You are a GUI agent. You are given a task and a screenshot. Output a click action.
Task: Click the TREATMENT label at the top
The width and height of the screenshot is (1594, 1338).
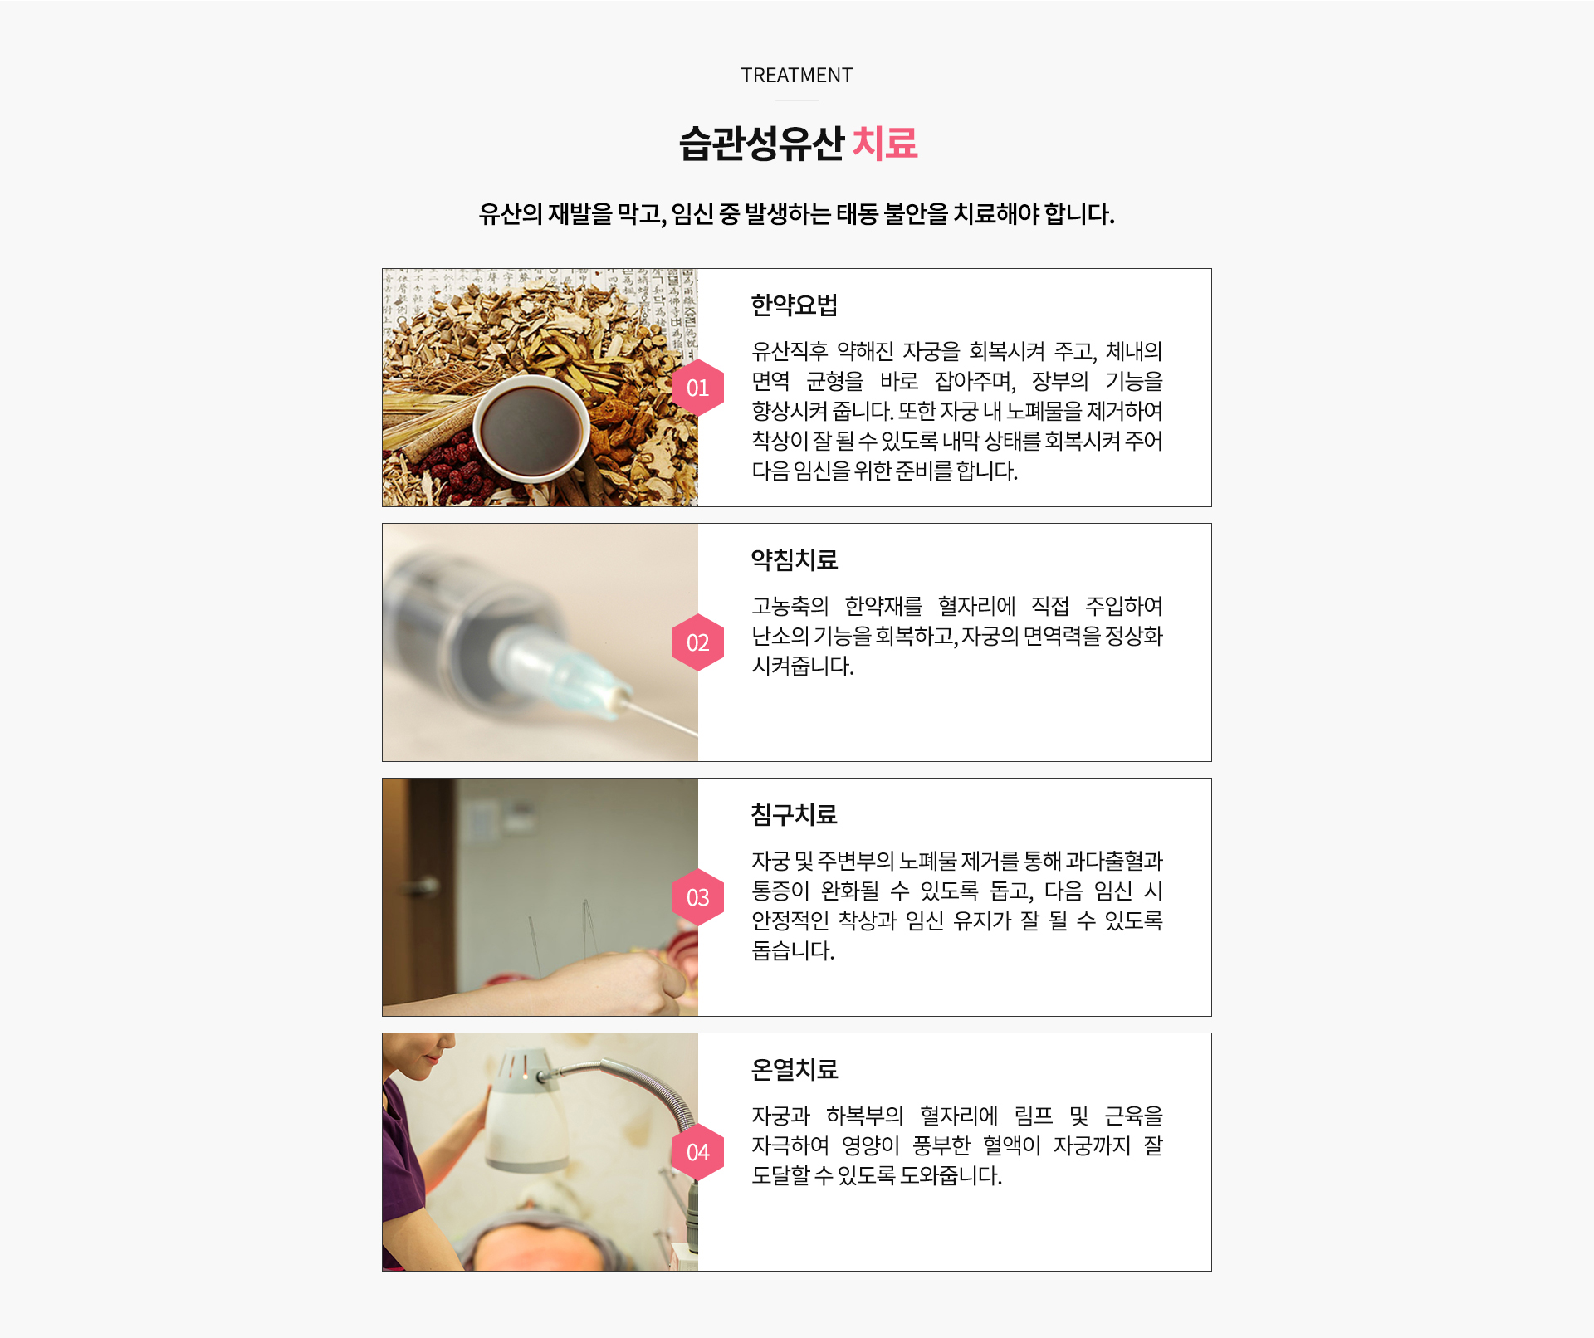[797, 76]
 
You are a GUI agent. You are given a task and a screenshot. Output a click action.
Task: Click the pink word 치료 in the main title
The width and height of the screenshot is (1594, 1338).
[885, 143]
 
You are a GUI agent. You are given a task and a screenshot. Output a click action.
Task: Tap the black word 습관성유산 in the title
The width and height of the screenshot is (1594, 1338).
[761, 143]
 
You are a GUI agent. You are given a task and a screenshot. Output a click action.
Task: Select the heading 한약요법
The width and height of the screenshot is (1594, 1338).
[795, 305]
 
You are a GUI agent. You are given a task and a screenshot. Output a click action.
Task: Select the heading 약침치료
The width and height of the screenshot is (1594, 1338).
[795, 559]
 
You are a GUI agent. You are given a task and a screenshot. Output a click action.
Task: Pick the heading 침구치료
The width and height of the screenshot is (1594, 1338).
[795, 814]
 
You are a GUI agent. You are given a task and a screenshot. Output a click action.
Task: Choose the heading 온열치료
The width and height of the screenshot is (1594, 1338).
[795, 1069]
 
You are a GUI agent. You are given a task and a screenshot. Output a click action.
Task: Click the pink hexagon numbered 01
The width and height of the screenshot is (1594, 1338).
[698, 388]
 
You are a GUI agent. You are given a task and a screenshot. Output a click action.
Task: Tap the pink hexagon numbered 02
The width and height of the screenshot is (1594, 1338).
[698, 642]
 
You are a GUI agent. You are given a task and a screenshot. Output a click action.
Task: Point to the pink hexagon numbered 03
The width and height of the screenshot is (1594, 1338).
[698, 897]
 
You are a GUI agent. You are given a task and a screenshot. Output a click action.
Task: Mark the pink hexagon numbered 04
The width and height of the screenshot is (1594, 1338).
[698, 1152]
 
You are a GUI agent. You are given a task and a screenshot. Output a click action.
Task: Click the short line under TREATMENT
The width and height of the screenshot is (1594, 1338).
[797, 100]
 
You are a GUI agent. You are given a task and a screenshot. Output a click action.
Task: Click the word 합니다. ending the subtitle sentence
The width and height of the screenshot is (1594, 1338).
[1079, 214]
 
